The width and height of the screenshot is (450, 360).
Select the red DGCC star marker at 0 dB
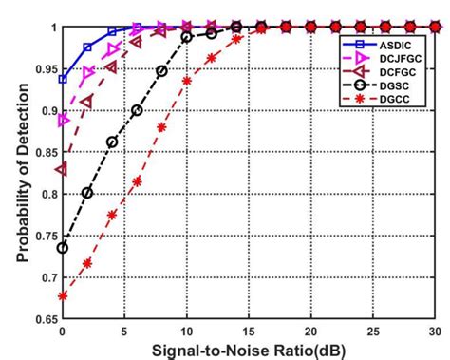pyautogui.click(x=64, y=296)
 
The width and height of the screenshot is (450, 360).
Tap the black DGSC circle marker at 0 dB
pyautogui.click(x=64, y=248)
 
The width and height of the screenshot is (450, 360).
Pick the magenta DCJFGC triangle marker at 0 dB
pyautogui.click(x=64, y=121)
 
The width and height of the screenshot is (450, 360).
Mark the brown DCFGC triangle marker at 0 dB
pyautogui.click(x=64, y=169)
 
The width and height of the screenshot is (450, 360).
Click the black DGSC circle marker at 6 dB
pyautogui.click(x=138, y=110)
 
